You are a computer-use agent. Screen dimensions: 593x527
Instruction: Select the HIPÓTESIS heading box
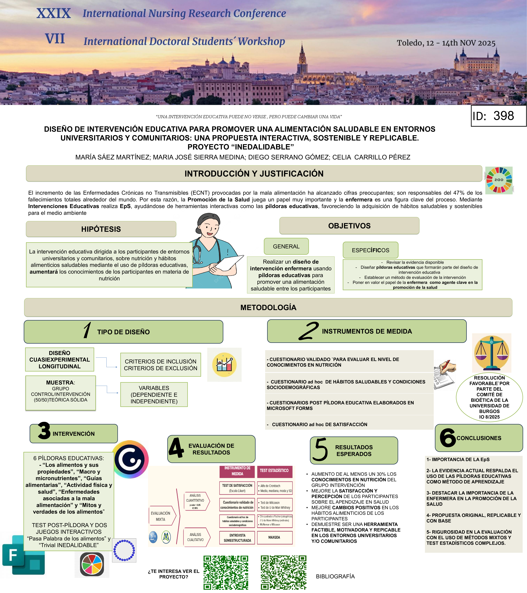coord(101,229)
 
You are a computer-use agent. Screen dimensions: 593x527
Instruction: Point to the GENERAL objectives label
coord(286,246)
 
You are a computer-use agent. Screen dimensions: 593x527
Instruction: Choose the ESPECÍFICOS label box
coord(370,250)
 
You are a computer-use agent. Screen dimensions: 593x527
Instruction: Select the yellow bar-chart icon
coord(224,365)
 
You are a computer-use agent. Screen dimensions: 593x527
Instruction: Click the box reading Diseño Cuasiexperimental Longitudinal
coord(59,359)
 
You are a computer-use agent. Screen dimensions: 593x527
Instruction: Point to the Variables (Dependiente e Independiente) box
coord(154,395)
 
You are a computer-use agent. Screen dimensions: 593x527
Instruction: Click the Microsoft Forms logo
coord(23,555)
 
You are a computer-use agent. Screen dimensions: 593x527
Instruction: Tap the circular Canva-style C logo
coord(130,460)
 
